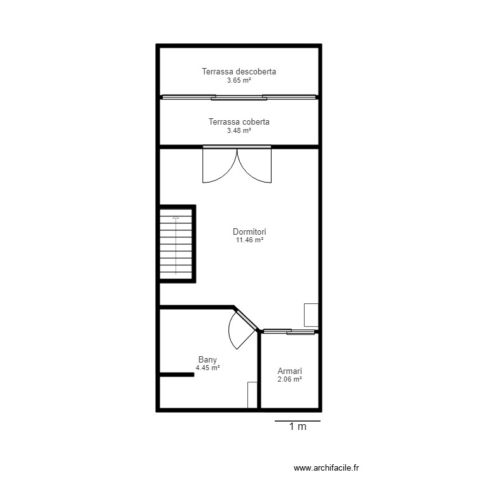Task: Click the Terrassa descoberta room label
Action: (238, 72)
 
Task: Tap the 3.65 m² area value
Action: (238, 81)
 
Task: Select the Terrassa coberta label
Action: (238, 121)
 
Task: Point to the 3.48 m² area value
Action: (238, 130)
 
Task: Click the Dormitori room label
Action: (249, 232)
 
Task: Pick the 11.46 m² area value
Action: (249, 241)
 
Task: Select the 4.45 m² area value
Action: (207, 368)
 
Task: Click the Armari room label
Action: (289, 371)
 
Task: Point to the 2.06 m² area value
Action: (289, 380)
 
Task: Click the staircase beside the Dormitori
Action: (175, 244)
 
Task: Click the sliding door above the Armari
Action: (289, 331)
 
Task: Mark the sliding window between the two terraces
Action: (238, 97)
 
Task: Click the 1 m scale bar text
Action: (298, 427)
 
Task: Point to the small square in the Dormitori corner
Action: (310, 315)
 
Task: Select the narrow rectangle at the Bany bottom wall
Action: (252, 394)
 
